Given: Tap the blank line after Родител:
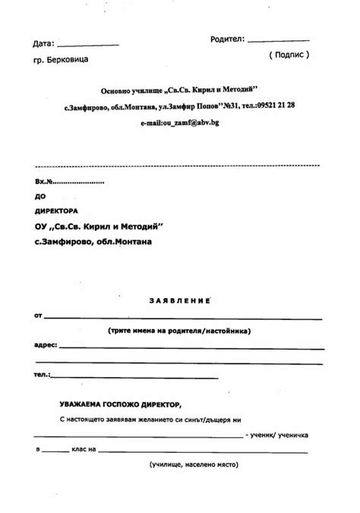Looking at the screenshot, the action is coord(278,40).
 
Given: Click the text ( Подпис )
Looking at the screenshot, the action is coord(289,55).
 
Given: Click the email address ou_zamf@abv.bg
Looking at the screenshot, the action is coord(180,122).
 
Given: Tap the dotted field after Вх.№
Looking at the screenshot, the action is coord(80,183).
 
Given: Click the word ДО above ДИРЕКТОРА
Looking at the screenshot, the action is coord(40,196).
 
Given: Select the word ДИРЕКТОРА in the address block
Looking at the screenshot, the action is coord(56,211).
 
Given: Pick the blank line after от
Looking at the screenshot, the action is coord(183,317).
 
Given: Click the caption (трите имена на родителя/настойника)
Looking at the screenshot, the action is coord(179,331).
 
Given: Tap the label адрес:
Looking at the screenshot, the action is coord(46,345).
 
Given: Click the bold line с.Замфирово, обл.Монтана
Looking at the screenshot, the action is coord(93,242).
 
